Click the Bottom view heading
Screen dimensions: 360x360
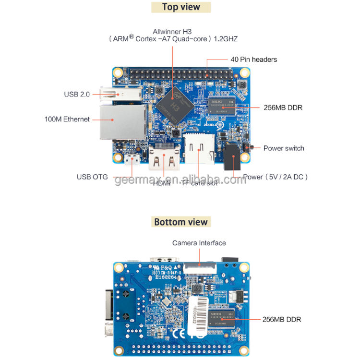181,222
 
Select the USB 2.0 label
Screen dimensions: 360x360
77,95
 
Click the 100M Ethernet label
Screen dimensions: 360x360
67,119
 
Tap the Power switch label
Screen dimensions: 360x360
284,148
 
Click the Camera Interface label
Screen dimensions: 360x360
199,243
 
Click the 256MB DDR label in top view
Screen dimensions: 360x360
283,108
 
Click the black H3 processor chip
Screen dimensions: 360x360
174,101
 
